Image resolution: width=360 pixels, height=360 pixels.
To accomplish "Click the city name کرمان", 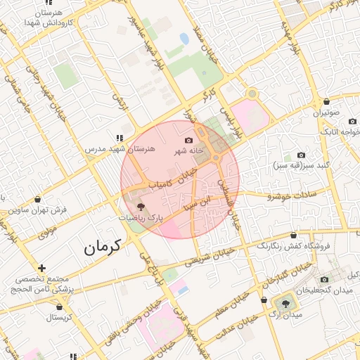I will (102, 247).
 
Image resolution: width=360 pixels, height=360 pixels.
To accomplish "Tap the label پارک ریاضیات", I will (140, 219).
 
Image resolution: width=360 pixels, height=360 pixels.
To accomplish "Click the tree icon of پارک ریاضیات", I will (141, 207).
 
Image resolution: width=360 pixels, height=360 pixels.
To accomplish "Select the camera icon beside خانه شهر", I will (188, 141).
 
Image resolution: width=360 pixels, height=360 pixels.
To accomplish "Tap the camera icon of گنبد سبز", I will (301, 155).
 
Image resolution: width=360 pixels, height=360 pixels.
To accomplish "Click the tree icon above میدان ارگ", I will (285, 303).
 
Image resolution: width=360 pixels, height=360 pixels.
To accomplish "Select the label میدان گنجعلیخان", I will (327, 290).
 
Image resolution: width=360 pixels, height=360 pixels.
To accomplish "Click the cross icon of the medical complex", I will (43, 268).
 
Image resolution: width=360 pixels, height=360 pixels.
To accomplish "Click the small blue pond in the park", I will (184, 38).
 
